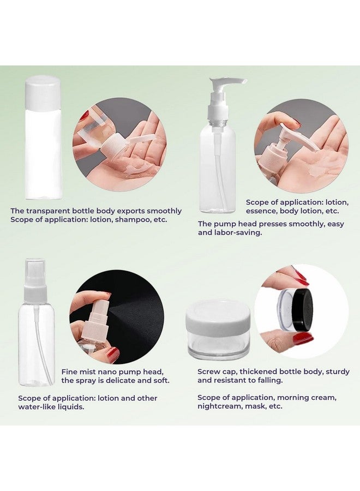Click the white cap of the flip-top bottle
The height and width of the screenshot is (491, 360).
click(x=43, y=92)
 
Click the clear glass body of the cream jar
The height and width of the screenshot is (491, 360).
click(x=218, y=345)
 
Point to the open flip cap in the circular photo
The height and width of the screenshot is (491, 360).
click(x=142, y=140)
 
